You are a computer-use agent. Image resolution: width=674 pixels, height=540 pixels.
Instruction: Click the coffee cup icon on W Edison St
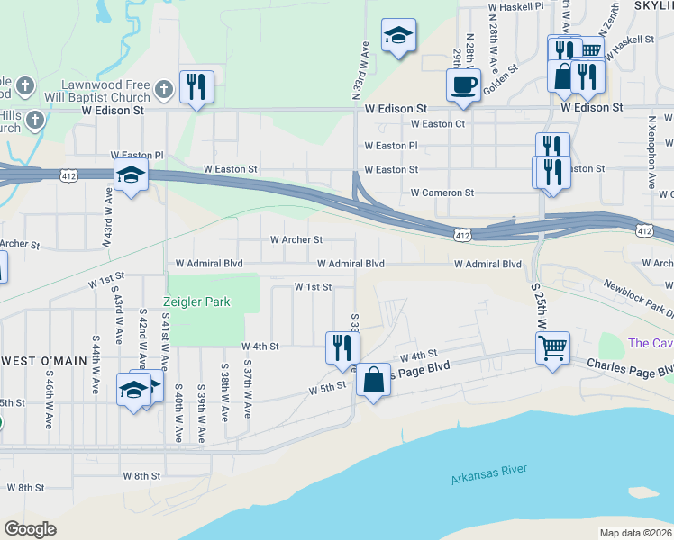[464, 85]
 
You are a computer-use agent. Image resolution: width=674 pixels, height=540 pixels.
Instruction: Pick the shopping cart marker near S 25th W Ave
[552, 346]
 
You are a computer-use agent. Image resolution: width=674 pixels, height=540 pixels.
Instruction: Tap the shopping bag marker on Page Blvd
[374, 379]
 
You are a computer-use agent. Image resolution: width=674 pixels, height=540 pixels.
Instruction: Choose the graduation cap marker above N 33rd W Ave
[398, 36]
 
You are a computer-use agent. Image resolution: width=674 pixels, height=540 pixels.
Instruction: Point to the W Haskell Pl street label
[516, 5]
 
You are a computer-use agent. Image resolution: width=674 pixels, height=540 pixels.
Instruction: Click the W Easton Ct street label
[438, 124]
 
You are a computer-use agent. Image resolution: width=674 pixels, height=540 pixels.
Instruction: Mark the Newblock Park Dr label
[640, 300]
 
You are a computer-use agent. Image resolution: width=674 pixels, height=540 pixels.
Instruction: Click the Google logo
[30, 529]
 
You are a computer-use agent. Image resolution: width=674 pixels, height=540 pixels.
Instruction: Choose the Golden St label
[500, 69]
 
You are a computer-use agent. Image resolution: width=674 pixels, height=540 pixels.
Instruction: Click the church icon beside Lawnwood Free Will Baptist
[163, 88]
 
